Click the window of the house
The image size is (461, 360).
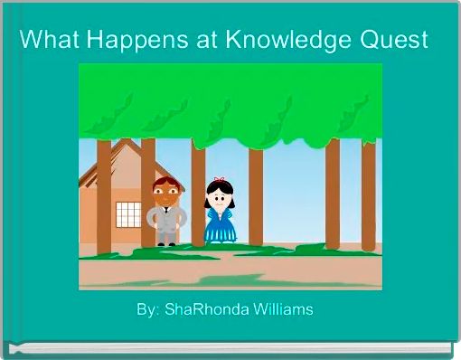tap(128, 214)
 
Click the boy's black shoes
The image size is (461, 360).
tap(166, 243)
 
